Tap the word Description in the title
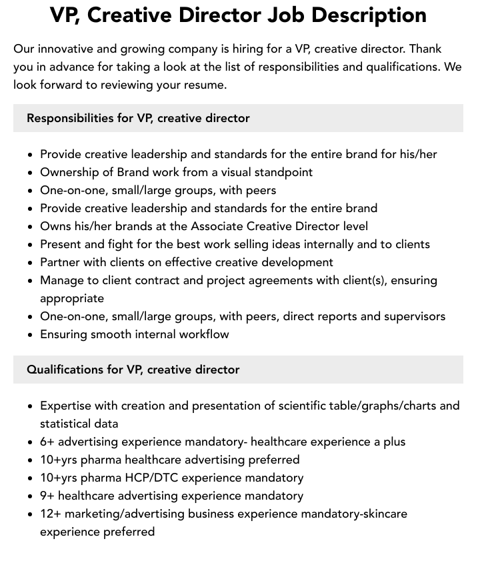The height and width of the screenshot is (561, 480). pos(377,15)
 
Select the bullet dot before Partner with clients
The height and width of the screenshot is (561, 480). pos(30,263)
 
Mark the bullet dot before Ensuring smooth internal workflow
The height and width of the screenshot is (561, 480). pos(30,335)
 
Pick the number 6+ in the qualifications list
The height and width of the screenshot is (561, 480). pos(47,442)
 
